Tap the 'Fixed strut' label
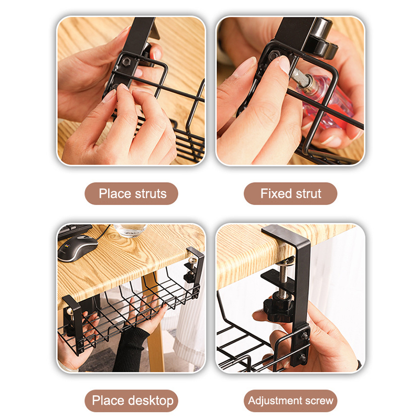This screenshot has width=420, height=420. [x=291, y=193]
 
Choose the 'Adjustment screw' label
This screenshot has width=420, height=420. [x=291, y=401]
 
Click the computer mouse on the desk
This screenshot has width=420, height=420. [x=77, y=247]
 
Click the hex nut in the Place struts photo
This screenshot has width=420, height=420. [x=126, y=62]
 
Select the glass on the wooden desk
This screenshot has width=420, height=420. [x=130, y=230]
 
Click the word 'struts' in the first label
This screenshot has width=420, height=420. [x=150, y=193]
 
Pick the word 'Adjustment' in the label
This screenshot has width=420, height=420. [x=275, y=401]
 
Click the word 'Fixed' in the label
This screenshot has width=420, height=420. [x=276, y=193]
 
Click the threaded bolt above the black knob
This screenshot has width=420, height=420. [x=285, y=279]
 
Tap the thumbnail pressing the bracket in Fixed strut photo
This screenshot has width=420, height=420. [x=285, y=64]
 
